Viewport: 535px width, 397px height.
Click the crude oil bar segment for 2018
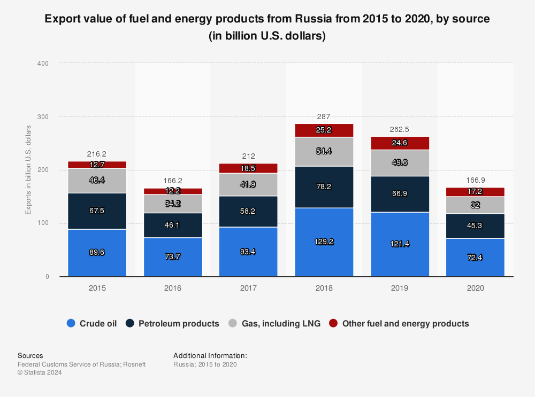coord(324,242)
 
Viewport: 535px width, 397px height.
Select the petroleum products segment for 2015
coord(97,211)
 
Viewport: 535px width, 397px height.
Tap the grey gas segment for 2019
coord(399,162)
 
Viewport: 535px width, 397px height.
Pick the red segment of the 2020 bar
coord(475,192)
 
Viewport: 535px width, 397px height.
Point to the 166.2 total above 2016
coord(173,181)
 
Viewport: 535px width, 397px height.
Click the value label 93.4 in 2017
coord(248,252)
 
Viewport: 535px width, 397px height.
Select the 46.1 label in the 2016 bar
coord(173,225)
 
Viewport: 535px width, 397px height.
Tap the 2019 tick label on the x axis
coord(399,288)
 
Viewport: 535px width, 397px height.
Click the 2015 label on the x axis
coord(97,288)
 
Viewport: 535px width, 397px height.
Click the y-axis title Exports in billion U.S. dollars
coord(28,169)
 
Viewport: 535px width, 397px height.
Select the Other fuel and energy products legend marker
coord(334,323)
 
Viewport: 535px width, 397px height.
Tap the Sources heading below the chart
coord(30,355)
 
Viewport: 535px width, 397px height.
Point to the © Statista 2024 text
coord(40,373)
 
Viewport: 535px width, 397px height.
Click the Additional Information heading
coord(210,355)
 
